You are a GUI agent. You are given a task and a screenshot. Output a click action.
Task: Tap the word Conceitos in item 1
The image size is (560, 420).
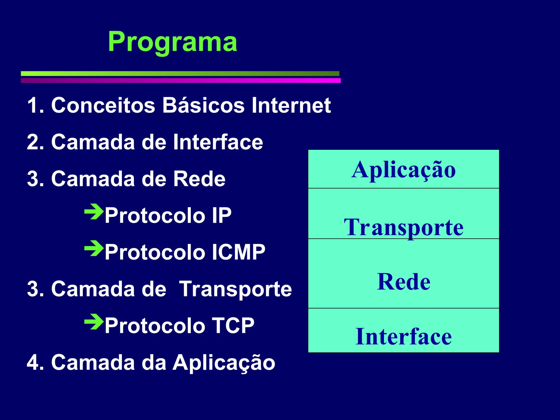coord(103,105)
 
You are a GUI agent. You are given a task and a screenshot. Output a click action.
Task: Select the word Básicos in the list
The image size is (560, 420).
coord(203,105)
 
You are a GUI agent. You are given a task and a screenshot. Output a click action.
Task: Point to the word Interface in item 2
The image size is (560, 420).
coord(218,142)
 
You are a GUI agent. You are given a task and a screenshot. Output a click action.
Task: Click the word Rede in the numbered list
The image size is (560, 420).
coord(199,179)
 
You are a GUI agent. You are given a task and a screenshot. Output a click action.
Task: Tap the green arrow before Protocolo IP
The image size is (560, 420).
coord(94,211)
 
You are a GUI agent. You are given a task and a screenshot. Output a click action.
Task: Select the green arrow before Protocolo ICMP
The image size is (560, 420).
coord(94,248)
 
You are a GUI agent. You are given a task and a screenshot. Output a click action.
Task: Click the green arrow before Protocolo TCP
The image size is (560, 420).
coord(94,322)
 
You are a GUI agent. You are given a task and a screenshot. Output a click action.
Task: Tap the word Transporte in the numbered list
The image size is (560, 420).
coord(235,289)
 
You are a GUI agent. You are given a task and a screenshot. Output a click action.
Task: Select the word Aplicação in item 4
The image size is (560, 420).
coord(224,363)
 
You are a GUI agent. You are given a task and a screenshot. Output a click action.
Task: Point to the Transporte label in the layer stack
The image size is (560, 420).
coord(404,227)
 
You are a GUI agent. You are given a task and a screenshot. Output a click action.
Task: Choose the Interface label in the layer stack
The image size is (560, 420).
coord(404,336)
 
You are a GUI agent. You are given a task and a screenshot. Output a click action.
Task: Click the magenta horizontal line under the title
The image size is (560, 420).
coord(181,80)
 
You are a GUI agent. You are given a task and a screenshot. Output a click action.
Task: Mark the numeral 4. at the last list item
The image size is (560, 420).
coord(35,363)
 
